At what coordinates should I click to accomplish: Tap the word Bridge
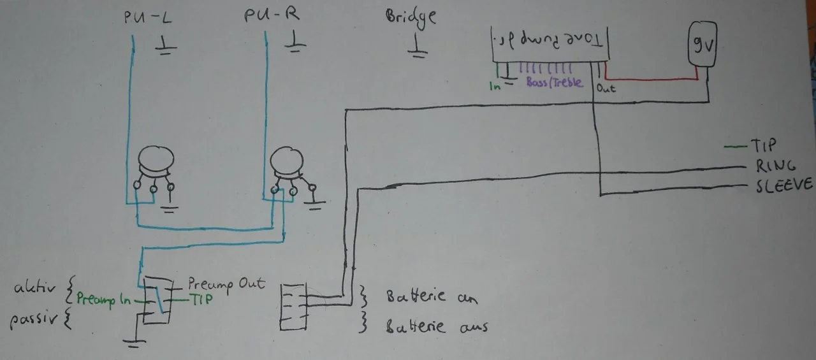(x=411, y=17)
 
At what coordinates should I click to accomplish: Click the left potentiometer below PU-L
(x=154, y=163)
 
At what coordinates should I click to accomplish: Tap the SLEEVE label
(x=783, y=185)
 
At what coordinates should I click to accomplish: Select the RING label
(x=775, y=166)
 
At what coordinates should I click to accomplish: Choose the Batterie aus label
(x=436, y=328)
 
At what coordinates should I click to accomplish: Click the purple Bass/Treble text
(x=553, y=82)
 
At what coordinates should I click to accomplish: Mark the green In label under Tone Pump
(x=495, y=85)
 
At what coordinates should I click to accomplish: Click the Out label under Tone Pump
(x=606, y=89)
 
